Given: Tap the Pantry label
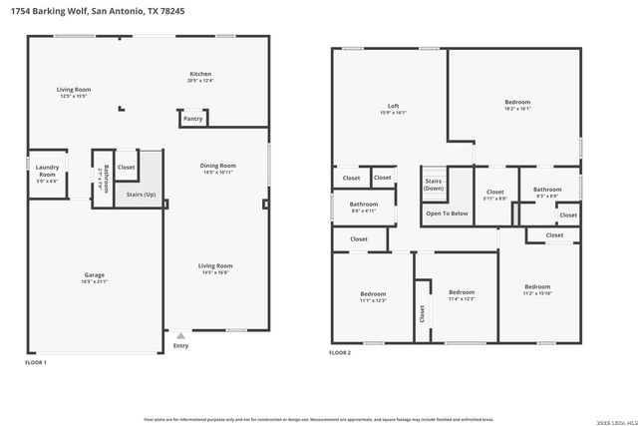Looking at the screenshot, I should coord(192,119).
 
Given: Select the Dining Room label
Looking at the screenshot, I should coord(217,169).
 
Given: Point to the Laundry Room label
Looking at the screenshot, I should coord(46,172).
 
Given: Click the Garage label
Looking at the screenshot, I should coord(95,278).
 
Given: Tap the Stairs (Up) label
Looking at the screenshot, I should coord(141,194).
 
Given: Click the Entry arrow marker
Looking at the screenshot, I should coord(179,336).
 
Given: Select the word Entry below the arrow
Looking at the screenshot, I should coord(180,346).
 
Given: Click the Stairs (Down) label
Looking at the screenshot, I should coord(434,184).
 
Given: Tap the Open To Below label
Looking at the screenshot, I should coord(447,213).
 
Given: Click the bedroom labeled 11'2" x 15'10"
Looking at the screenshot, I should coord(537,289).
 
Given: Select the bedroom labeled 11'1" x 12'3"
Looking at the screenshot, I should coord(373,296).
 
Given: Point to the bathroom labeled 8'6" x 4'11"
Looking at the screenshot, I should coord(363,207).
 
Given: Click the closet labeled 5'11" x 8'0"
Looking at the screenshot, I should coord(495,195).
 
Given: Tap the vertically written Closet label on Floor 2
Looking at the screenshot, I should coord(422,312).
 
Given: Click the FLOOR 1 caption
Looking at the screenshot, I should coord(36,362).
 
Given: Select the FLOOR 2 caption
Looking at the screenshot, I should coord(340,352).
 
